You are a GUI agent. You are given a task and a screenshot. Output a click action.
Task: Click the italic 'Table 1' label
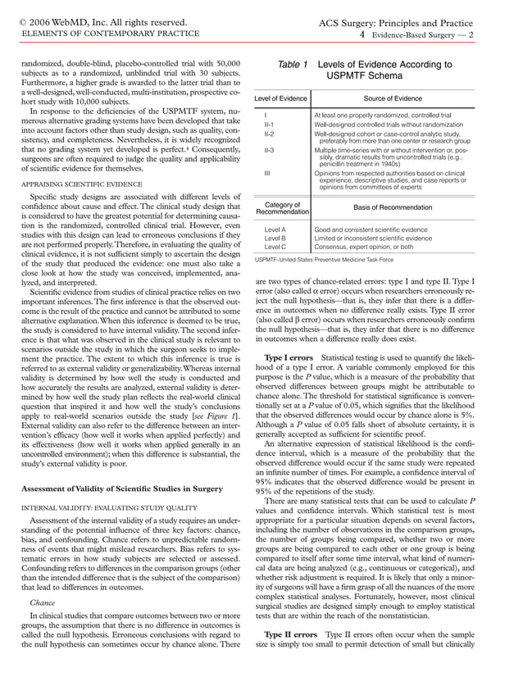coord(292,64)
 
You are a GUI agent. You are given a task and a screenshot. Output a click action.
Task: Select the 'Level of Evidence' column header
coord(280,99)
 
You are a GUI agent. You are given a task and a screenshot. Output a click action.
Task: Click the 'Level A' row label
coord(275,230)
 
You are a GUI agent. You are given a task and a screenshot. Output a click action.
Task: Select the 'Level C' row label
coord(275,246)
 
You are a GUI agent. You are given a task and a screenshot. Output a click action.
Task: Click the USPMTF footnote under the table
coord(325,260)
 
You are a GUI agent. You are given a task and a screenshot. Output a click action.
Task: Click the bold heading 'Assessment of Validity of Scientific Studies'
coord(121,488)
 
